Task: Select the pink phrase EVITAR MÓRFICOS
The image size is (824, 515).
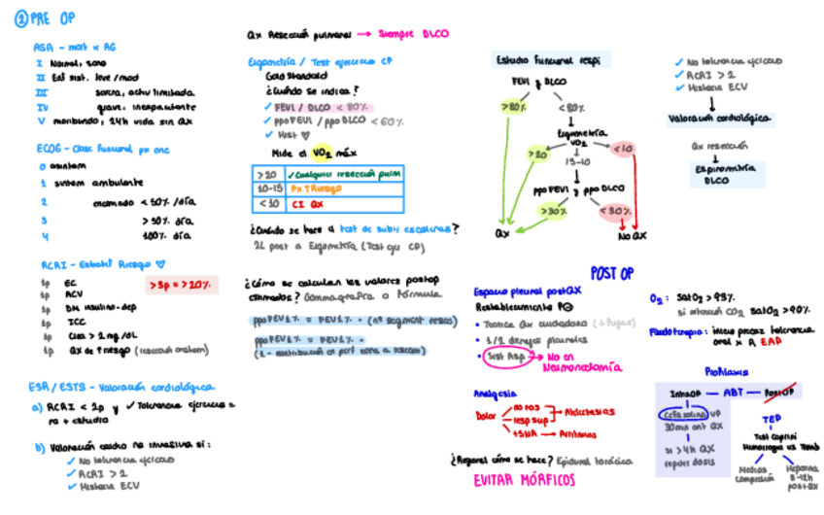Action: tap(524, 481)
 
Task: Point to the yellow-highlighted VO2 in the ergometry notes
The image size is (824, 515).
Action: tap(320, 152)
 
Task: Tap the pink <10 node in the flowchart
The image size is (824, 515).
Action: tap(623, 150)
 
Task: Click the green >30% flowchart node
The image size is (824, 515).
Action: tap(555, 211)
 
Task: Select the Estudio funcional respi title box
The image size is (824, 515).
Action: tap(547, 60)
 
